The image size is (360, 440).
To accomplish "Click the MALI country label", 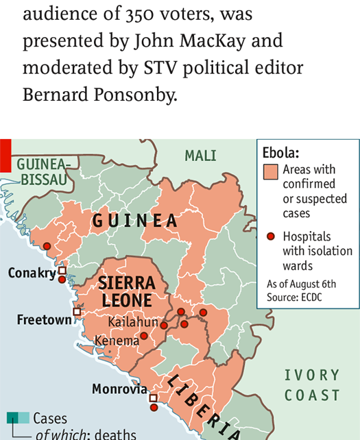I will click(200, 156).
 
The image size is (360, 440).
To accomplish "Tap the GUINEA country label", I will click(135, 221).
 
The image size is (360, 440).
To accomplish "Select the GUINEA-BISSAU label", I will click(43, 172).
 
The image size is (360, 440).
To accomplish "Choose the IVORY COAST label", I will click(312, 385).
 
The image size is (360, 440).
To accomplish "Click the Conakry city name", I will click(32, 273).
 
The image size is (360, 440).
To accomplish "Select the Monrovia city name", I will click(119, 389).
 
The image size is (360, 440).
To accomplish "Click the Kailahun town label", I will click(133, 322).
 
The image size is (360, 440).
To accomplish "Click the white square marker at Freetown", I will click(77, 312).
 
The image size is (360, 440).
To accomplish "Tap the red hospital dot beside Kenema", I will click(144, 336).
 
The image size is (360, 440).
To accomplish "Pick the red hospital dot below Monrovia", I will click(154, 407).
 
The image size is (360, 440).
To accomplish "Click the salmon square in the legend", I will click(271, 171).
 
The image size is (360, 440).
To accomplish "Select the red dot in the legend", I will click(271, 236).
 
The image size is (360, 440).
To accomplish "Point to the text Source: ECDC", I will click(294, 297).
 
